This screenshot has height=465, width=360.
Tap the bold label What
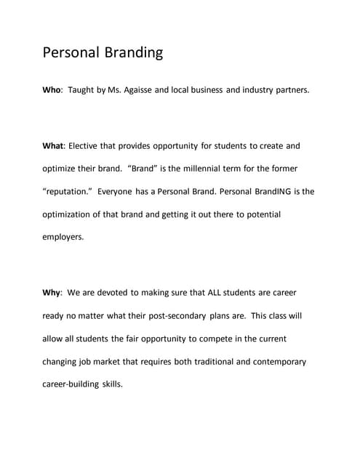pos(54,146)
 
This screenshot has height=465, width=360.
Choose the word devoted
pos(112,293)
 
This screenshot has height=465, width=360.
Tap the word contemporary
pos(276,362)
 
